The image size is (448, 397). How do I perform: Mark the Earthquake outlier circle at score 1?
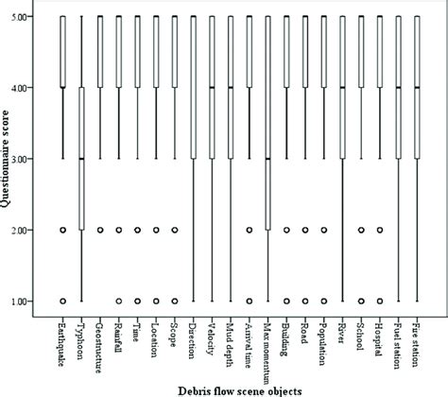tap(63, 301)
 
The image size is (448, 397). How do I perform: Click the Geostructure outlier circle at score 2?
tap(101, 230)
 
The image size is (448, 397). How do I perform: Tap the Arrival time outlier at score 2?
tap(250, 230)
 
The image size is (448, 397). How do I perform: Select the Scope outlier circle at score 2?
tap(175, 230)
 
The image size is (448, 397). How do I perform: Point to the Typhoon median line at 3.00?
tap(82, 159)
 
